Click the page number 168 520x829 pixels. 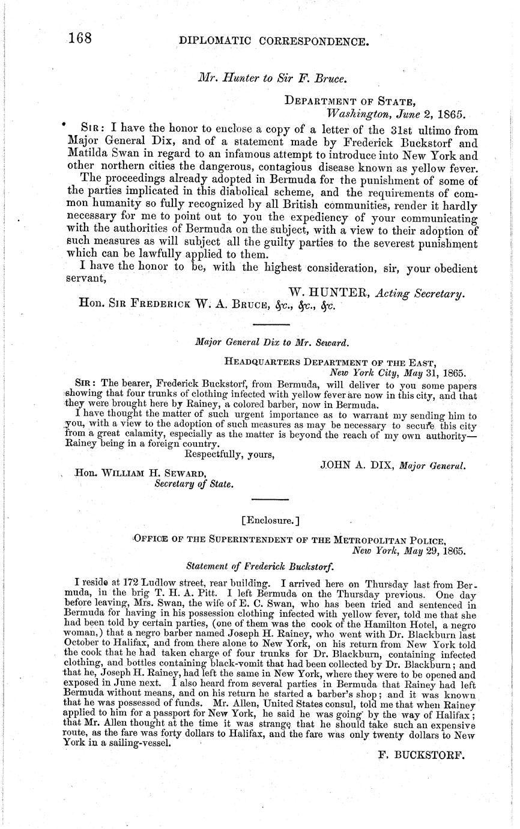pyautogui.click(x=80, y=39)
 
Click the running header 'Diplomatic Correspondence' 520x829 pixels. pyautogui.click(x=274, y=41)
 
